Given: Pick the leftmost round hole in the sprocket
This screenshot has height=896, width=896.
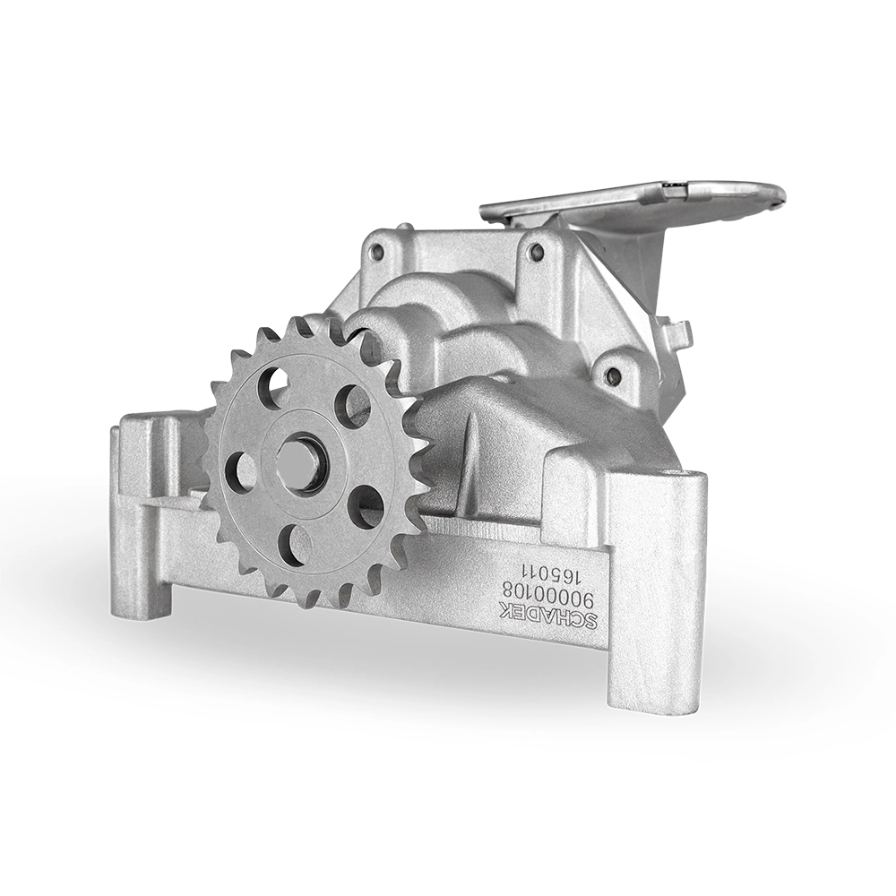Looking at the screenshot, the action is click(x=240, y=470).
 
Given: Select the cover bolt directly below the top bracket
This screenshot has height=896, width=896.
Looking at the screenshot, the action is click(x=535, y=250).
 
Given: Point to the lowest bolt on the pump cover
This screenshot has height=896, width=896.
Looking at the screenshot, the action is click(x=613, y=375).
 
